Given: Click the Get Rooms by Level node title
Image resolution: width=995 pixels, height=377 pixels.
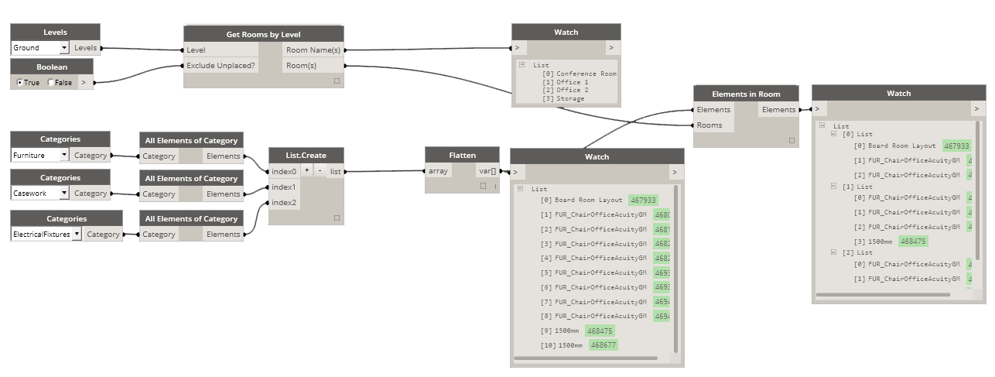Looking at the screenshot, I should point(263,34).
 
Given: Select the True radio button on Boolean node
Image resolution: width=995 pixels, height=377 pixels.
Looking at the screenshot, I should point(20,82).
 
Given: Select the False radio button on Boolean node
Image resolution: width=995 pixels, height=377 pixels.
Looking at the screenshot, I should point(52,82).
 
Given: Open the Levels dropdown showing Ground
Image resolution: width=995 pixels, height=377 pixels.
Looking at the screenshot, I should point(63,48).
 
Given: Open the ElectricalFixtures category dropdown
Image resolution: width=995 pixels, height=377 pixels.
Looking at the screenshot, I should point(77,234).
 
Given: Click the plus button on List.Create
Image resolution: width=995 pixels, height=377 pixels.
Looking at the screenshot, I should point(306,171).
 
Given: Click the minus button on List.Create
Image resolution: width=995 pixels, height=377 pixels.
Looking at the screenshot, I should point(320,171).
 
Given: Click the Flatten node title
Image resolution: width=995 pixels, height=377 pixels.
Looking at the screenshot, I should point(462,155).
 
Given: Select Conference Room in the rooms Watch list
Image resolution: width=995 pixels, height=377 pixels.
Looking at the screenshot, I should point(586,74).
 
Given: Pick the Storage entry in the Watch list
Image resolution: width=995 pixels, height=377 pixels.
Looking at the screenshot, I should point(572,98).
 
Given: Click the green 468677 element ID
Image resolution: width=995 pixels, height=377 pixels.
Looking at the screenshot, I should point(602,345).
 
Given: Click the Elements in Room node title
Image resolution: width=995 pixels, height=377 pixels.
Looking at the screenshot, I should point(745,94).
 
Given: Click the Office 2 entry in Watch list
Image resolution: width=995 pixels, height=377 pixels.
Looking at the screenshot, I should point(572,90).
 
